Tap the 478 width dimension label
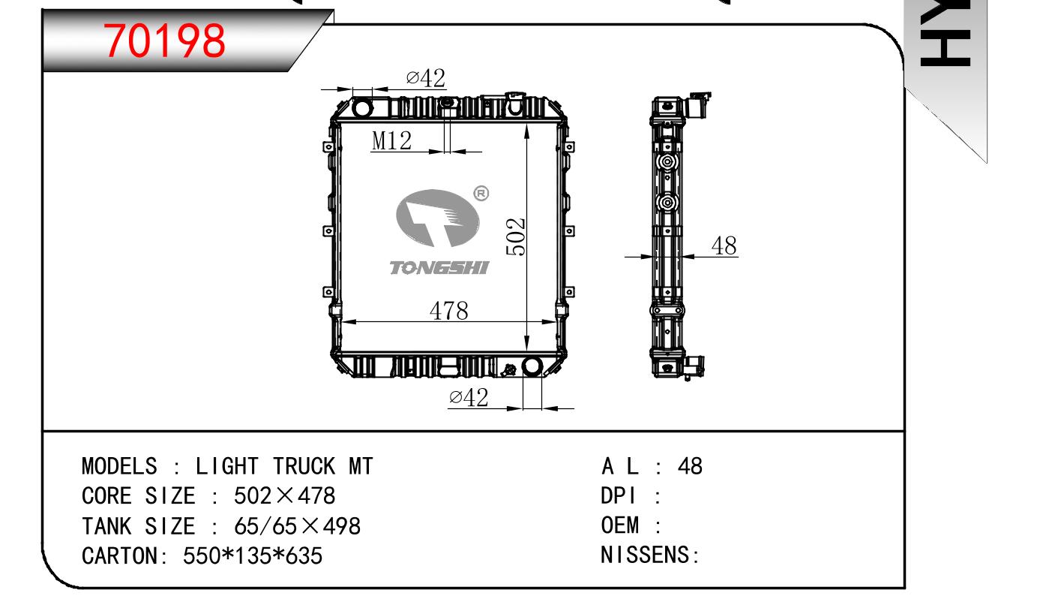point(448,311)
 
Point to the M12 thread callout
point(391,140)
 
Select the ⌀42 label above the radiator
point(425,78)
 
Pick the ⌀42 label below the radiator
point(469,398)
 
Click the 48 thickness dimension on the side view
point(724,245)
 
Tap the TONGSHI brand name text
point(439,268)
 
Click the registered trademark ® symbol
point(481,194)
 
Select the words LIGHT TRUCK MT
point(284,467)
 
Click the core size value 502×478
point(284,496)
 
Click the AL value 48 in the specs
point(690,467)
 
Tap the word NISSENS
point(647,556)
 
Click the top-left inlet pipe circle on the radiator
point(363,108)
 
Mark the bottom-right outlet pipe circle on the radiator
point(532,367)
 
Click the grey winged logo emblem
point(438,218)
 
